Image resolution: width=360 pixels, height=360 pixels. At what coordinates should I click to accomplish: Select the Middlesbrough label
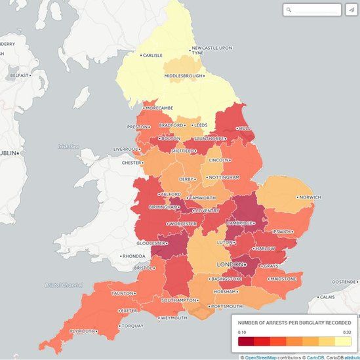[x=184, y=76]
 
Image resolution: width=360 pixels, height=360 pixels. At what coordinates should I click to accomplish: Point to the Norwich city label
[x=310, y=197]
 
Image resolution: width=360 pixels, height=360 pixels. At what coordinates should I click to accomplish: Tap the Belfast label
[x=19, y=75]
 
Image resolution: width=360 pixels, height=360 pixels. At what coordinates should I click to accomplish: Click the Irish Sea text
[x=64, y=147]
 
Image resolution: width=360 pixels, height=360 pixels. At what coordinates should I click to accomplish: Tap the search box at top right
[x=312, y=10]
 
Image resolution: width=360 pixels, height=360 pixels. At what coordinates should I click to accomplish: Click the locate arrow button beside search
[x=351, y=10]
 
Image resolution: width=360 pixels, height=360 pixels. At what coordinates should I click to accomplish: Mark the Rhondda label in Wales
[x=134, y=256]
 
